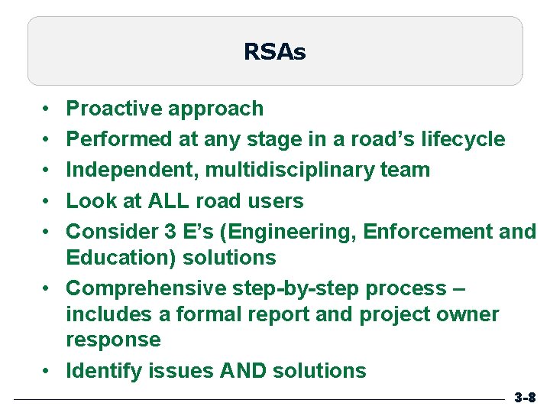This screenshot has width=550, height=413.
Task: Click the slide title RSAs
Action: (274, 52)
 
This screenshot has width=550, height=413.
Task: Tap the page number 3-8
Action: (525, 398)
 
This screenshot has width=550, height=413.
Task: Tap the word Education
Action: (119, 258)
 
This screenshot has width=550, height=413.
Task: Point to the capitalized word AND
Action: (241, 371)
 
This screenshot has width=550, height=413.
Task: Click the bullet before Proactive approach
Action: (47, 109)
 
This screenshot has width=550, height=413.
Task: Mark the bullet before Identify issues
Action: (47, 372)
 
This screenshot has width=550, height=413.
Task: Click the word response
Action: (114, 340)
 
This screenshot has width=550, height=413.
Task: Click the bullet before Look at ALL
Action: (47, 202)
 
